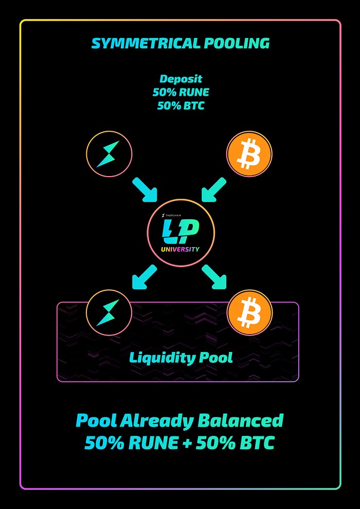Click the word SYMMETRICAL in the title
(x=141, y=43)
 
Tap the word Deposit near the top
(x=181, y=80)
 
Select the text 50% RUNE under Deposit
(x=181, y=93)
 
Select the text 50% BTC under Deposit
(x=181, y=106)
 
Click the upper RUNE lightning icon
(x=109, y=153)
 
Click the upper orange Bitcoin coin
(x=249, y=154)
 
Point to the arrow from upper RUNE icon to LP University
(x=145, y=190)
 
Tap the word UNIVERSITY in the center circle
(x=181, y=250)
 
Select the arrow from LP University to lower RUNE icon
(x=145, y=276)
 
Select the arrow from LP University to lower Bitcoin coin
(x=214, y=277)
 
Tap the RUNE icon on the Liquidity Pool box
(x=109, y=312)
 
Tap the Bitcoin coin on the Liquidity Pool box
(x=249, y=312)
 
